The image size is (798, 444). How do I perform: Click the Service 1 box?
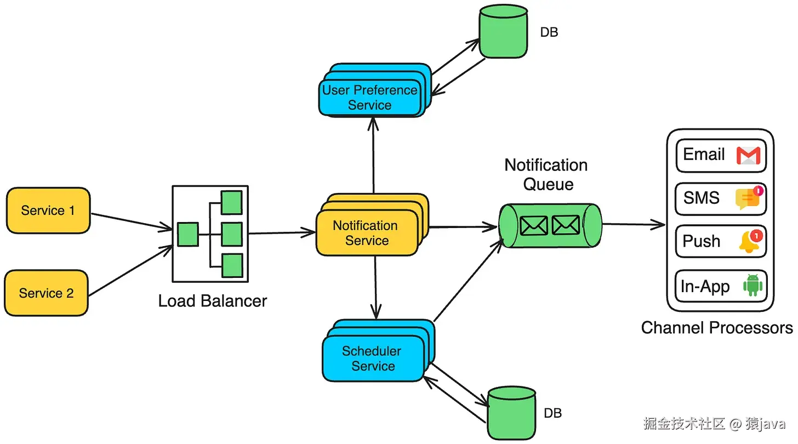pos(48,210)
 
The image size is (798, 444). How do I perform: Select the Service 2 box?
pos(46,293)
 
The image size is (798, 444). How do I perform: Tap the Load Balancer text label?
pos(212,301)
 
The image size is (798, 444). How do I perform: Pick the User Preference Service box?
pos(370,98)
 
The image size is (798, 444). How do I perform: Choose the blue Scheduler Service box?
pos(373,358)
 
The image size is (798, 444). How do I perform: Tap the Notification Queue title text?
pos(546,174)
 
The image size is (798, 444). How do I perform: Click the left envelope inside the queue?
pos(533,225)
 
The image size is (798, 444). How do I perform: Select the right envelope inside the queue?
pos(566,225)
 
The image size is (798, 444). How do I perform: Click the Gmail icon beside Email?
pos(748,156)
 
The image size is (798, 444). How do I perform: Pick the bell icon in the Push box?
pos(749,242)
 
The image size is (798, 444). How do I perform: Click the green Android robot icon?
pos(752,286)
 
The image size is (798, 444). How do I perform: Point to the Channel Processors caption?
pos(716,328)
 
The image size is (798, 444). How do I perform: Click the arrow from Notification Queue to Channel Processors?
pos(633,224)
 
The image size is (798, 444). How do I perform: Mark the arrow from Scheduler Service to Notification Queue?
pos(468,280)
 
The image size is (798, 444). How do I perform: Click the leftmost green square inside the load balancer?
pos(188,234)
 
